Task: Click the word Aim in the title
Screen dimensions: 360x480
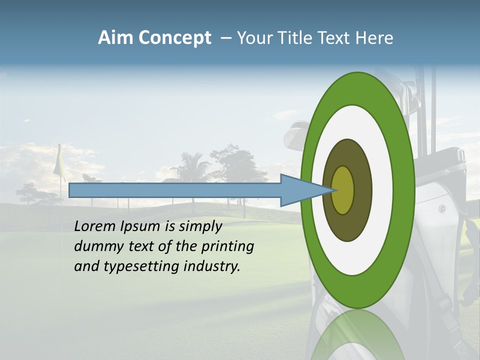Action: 115,37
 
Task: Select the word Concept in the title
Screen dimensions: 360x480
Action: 174,37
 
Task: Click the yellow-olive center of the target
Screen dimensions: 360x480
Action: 343,190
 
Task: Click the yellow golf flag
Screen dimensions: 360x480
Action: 59,162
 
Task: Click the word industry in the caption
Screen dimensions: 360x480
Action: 212,266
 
